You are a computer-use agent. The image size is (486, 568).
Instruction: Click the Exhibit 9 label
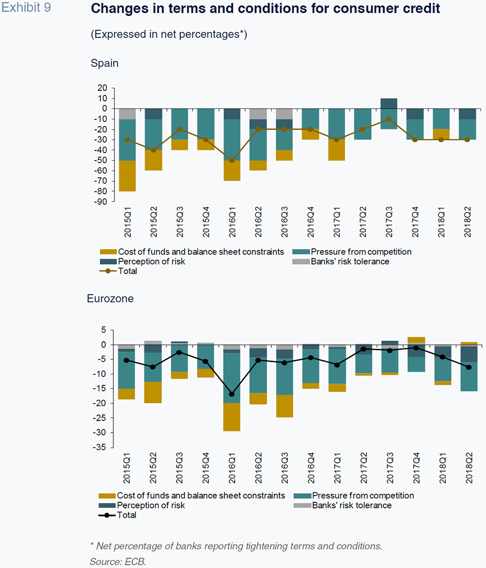pyautogui.click(x=26, y=8)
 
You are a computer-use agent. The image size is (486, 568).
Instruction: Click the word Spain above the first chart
pyautogui.click(x=104, y=63)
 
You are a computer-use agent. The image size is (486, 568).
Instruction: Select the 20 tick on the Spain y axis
pyautogui.click(x=102, y=88)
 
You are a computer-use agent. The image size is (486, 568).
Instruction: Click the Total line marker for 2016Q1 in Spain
pyautogui.click(x=232, y=161)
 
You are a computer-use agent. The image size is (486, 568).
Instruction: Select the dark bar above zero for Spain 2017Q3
pyautogui.click(x=389, y=103)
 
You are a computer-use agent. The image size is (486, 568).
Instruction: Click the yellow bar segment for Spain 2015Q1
pyautogui.click(x=127, y=176)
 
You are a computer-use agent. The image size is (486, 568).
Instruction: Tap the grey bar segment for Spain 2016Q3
pyautogui.click(x=284, y=113)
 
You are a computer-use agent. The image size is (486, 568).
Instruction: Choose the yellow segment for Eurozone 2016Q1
pyautogui.click(x=232, y=416)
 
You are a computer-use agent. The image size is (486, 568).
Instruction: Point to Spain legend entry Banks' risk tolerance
pyautogui.click(x=350, y=261)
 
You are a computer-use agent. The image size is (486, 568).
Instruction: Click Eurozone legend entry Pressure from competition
pyautogui.click(x=363, y=496)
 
